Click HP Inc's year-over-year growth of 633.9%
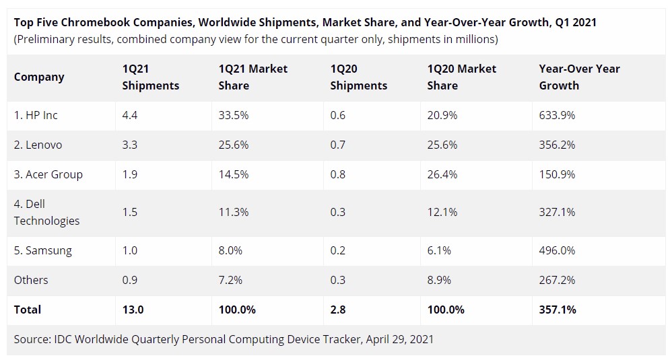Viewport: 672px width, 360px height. point(557,115)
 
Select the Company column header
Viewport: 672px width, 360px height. point(39,77)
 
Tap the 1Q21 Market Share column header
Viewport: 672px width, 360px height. point(253,77)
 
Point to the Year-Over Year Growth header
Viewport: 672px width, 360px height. point(579,77)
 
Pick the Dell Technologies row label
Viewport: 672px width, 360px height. point(46,212)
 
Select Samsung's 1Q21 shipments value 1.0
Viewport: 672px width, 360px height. point(129,250)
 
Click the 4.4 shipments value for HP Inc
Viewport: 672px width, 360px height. point(129,115)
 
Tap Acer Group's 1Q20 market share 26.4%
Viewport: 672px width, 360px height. point(442,174)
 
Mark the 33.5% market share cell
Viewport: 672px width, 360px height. point(234,115)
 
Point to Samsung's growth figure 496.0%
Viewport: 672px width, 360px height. point(557,250)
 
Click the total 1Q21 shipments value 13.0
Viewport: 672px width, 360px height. point(132,310)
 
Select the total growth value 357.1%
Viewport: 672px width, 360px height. point(558,310)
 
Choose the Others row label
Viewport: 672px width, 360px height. point(31,280)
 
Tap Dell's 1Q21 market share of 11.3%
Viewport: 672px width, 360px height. point(234,212)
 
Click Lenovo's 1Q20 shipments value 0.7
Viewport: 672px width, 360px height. point(338,145)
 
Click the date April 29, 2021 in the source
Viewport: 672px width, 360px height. point(400,339)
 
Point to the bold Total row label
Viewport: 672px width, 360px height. point(28,310)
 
